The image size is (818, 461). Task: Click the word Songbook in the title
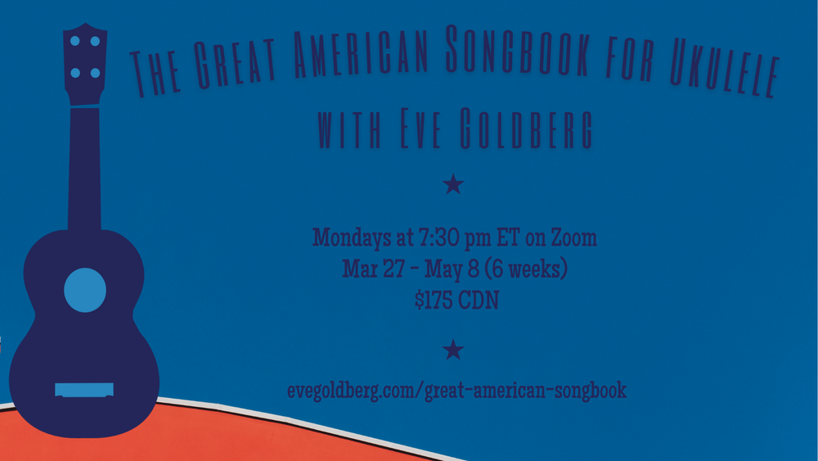click(518, 49)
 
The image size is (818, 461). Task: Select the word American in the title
click(361, 52)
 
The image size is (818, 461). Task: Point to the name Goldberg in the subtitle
click(526, 129)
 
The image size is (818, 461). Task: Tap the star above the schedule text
click(453, 184)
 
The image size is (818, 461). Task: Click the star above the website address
click(453, 350)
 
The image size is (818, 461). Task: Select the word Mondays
click(348, 238)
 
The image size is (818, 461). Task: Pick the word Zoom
click(574, 237)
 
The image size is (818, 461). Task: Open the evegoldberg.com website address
click(457, 391)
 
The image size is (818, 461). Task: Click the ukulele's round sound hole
click(85, 291)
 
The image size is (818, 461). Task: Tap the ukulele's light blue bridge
click(84, 390)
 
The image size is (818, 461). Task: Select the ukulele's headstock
click(85, 64)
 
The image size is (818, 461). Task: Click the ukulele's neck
click(84, 168)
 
